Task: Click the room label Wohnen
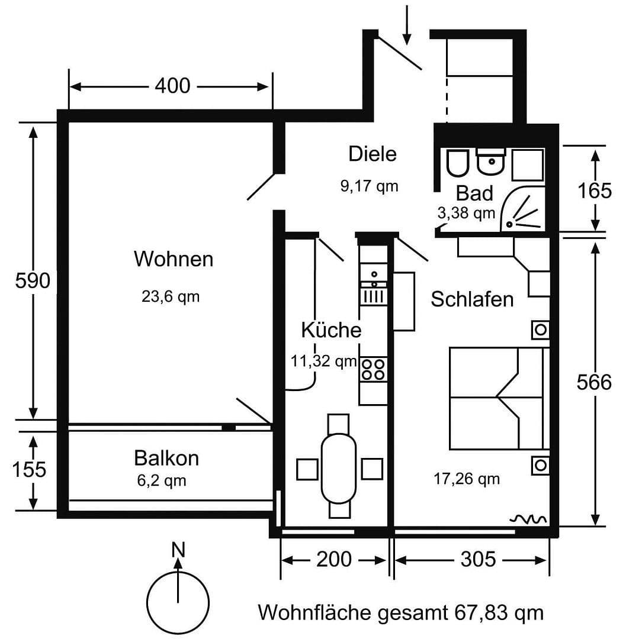pos(173,259)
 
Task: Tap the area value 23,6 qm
pos(171,296)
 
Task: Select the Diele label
pos(372,154)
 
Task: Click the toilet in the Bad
pos(457,163)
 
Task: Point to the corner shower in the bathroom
pos(525,213)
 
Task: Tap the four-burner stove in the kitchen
pos(373,369)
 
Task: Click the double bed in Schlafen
pos(496,398)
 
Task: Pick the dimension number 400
pos(172,86)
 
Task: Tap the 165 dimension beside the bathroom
pos(594,191)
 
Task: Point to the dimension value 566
pos(594,383)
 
